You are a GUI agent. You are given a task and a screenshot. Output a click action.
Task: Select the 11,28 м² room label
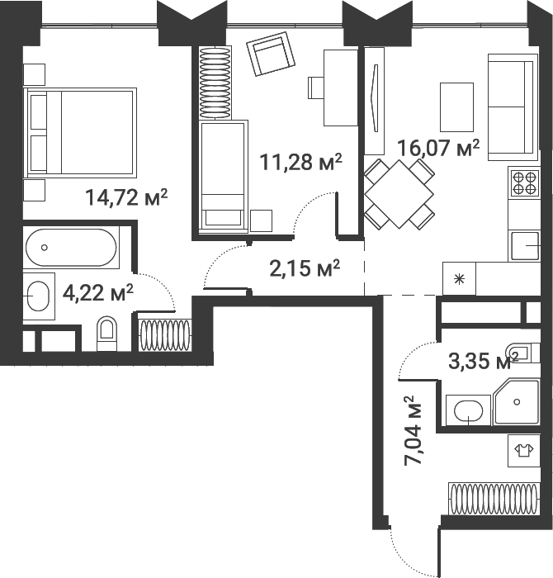click(x=300, y=161)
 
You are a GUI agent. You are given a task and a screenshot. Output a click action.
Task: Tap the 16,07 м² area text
click(x=438, y=148)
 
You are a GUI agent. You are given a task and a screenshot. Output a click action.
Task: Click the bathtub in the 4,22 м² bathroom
click(x=70, y=247)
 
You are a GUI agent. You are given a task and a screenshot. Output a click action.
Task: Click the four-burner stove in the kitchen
click(x=523, y=182)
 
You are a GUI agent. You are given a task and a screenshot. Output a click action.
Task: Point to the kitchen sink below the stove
click(x=524, y=246)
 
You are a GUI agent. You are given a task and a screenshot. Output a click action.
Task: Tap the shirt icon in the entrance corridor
click(x=522, y=450)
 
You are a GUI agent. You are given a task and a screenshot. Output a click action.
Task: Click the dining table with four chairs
click(x=399, y=194)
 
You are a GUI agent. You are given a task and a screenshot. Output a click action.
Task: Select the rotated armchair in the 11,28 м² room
click(x=271, y=56)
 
